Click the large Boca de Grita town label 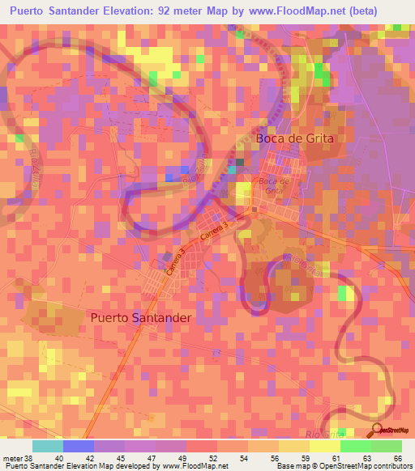[295, 138]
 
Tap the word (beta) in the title [383, 11]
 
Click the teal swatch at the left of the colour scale [48, 446]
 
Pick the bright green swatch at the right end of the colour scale [387, 446]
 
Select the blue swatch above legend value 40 [79, 446]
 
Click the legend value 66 [398, 457]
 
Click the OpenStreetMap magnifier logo [379, 429]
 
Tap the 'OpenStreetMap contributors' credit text [366, 466]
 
